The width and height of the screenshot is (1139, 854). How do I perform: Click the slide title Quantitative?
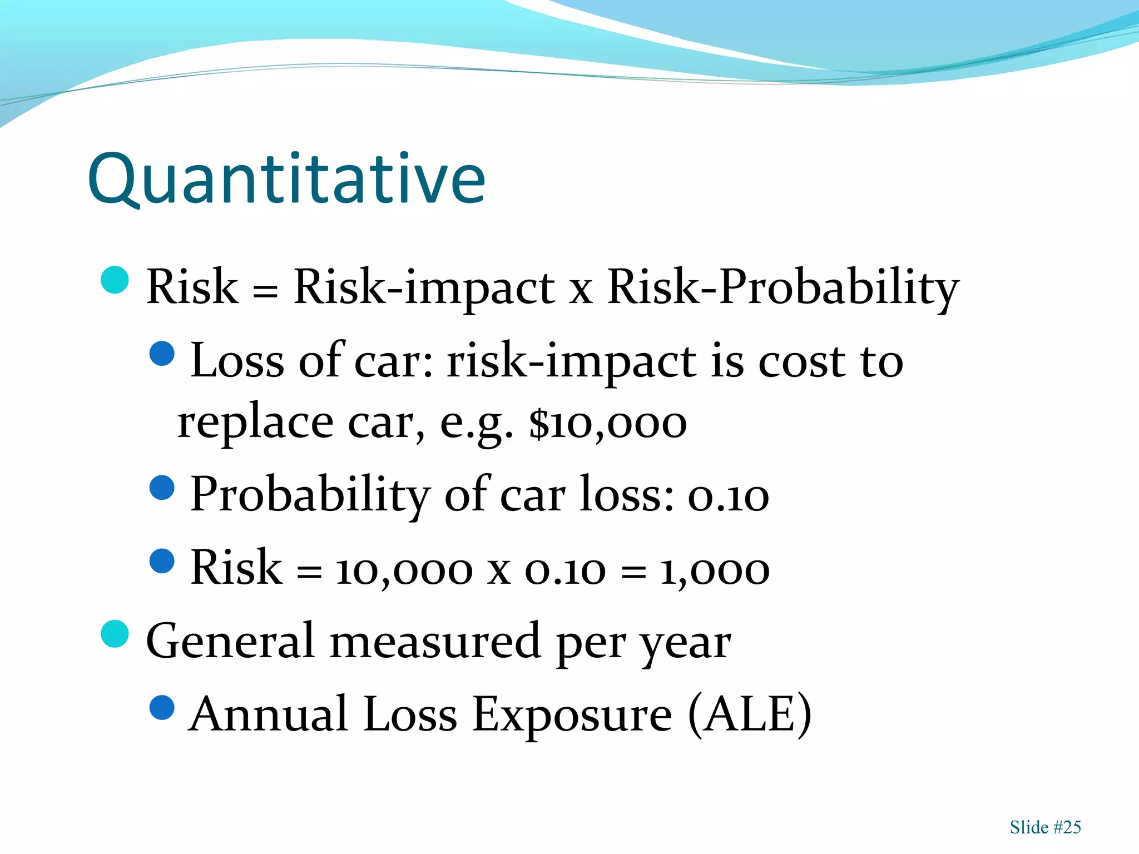(x=286, y=179)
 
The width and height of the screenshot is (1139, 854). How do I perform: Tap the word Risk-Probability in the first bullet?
(x=783, y=287)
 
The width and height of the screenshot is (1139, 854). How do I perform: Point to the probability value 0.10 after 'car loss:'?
(x=729, y=496)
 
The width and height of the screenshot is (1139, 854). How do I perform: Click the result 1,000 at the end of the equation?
(x=715, y=570)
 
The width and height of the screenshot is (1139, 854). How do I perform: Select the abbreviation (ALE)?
(x=750, y=714)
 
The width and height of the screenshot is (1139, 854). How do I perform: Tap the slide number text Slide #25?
(x=1045, y=827)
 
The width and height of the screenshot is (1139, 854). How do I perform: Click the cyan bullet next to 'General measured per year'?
(x=115, y=634)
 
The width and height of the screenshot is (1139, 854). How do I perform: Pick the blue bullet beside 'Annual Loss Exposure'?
(x=162, y=708)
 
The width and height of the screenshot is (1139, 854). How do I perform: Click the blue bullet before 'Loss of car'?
(x=162, y=354)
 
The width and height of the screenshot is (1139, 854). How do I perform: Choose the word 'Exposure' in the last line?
(x=572, y=715)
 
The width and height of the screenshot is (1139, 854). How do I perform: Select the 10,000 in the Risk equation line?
(x=404, y=570)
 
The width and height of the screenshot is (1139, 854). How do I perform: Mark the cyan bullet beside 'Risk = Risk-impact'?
(x=115, y=280)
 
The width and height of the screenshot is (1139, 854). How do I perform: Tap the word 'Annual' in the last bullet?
(x=269, y=714)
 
